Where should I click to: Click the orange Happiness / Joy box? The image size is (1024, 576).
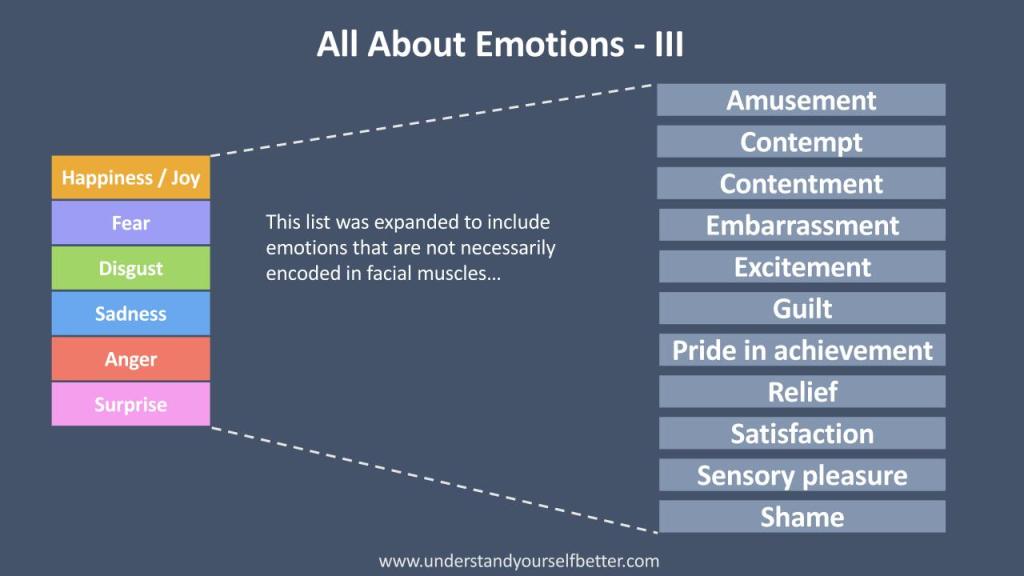[x=131, y=177]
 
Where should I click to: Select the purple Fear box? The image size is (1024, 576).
[x=131, y=223]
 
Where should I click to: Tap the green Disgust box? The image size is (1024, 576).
[x=131, y=268]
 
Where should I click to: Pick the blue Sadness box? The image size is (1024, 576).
[x=131, y=313]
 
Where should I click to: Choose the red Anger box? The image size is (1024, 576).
[x=131, y=359]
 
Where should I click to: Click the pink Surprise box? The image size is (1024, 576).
[x=131, y=404]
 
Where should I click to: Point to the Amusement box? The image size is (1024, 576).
[x=801, y=100]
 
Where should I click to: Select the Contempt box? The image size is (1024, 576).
[x=801, y=142]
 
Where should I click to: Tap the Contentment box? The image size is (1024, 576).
[x=801, y=184]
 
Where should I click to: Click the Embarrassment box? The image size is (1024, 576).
[x=802, y=225]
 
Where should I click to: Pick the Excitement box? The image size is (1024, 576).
[x=802, y=266]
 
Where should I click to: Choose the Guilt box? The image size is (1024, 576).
[x=802, y=308]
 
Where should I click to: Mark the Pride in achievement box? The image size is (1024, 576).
[x=802, y=350]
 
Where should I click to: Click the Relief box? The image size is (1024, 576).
[x=802, y=392]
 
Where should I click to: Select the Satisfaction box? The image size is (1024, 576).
[x=802, y=433]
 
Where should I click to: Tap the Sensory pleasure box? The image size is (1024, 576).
[x=802, y=475]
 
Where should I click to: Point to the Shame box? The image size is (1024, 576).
[x=802, y=517]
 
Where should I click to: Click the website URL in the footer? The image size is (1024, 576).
[x=519, y=561]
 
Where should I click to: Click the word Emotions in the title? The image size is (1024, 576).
[x=550, y=44]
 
